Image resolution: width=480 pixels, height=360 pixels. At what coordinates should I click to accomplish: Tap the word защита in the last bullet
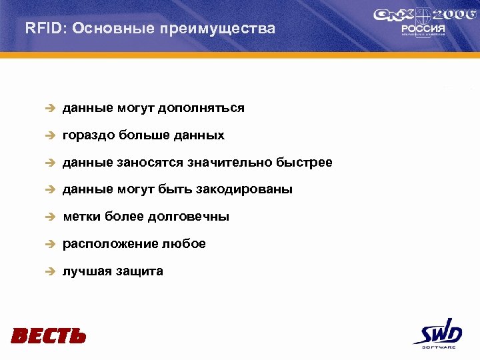(141, 272)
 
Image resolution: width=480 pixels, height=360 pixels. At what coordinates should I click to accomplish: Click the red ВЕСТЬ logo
(49, 335)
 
